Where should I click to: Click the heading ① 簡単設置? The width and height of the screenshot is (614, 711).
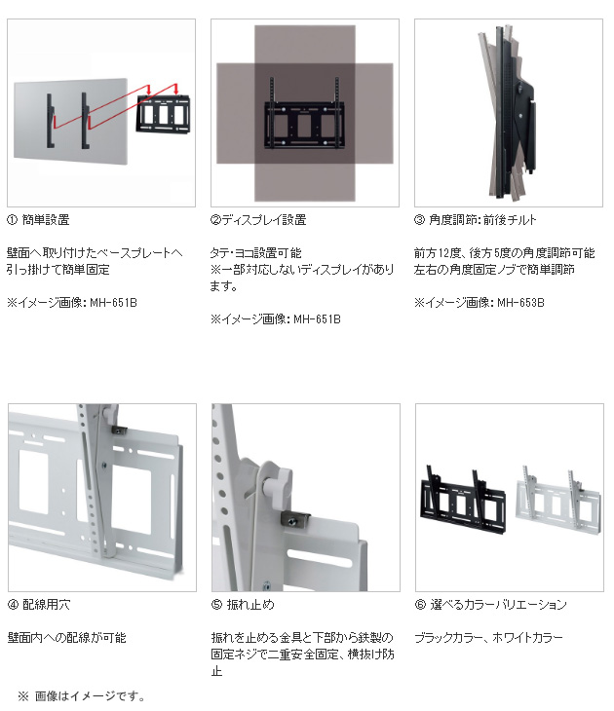coord(38,221)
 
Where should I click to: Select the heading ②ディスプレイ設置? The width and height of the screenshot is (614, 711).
coord(258,221)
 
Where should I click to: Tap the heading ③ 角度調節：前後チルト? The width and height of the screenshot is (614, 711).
coord(476,221)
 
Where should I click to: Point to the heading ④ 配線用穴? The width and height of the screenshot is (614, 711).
coord(39,605)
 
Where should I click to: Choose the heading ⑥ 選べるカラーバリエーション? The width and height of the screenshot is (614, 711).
coord(490,605)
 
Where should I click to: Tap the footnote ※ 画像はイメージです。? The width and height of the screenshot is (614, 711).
coord(82,696)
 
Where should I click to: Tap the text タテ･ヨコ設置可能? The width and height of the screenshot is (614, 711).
coord(256,252)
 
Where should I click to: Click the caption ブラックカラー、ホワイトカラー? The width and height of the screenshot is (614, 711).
coord(488,638)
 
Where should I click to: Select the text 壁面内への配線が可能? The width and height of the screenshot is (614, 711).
coord(66,638)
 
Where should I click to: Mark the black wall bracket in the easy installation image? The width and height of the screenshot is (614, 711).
coord(161,114)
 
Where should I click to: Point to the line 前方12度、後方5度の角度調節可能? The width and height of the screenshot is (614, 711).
coord(504,252)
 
